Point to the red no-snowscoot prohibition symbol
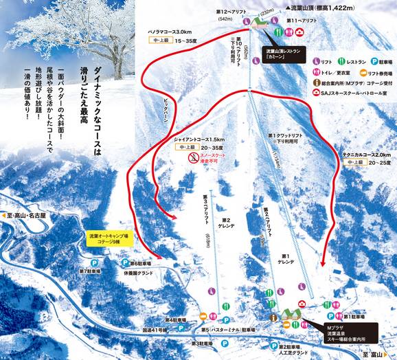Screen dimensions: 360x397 pyautogui.click(x=194, y=157)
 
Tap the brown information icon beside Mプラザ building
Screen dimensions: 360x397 pyautogui.click(x=273, y=317)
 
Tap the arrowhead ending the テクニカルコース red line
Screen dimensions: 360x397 pyautogui.click(x=325, y=264)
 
